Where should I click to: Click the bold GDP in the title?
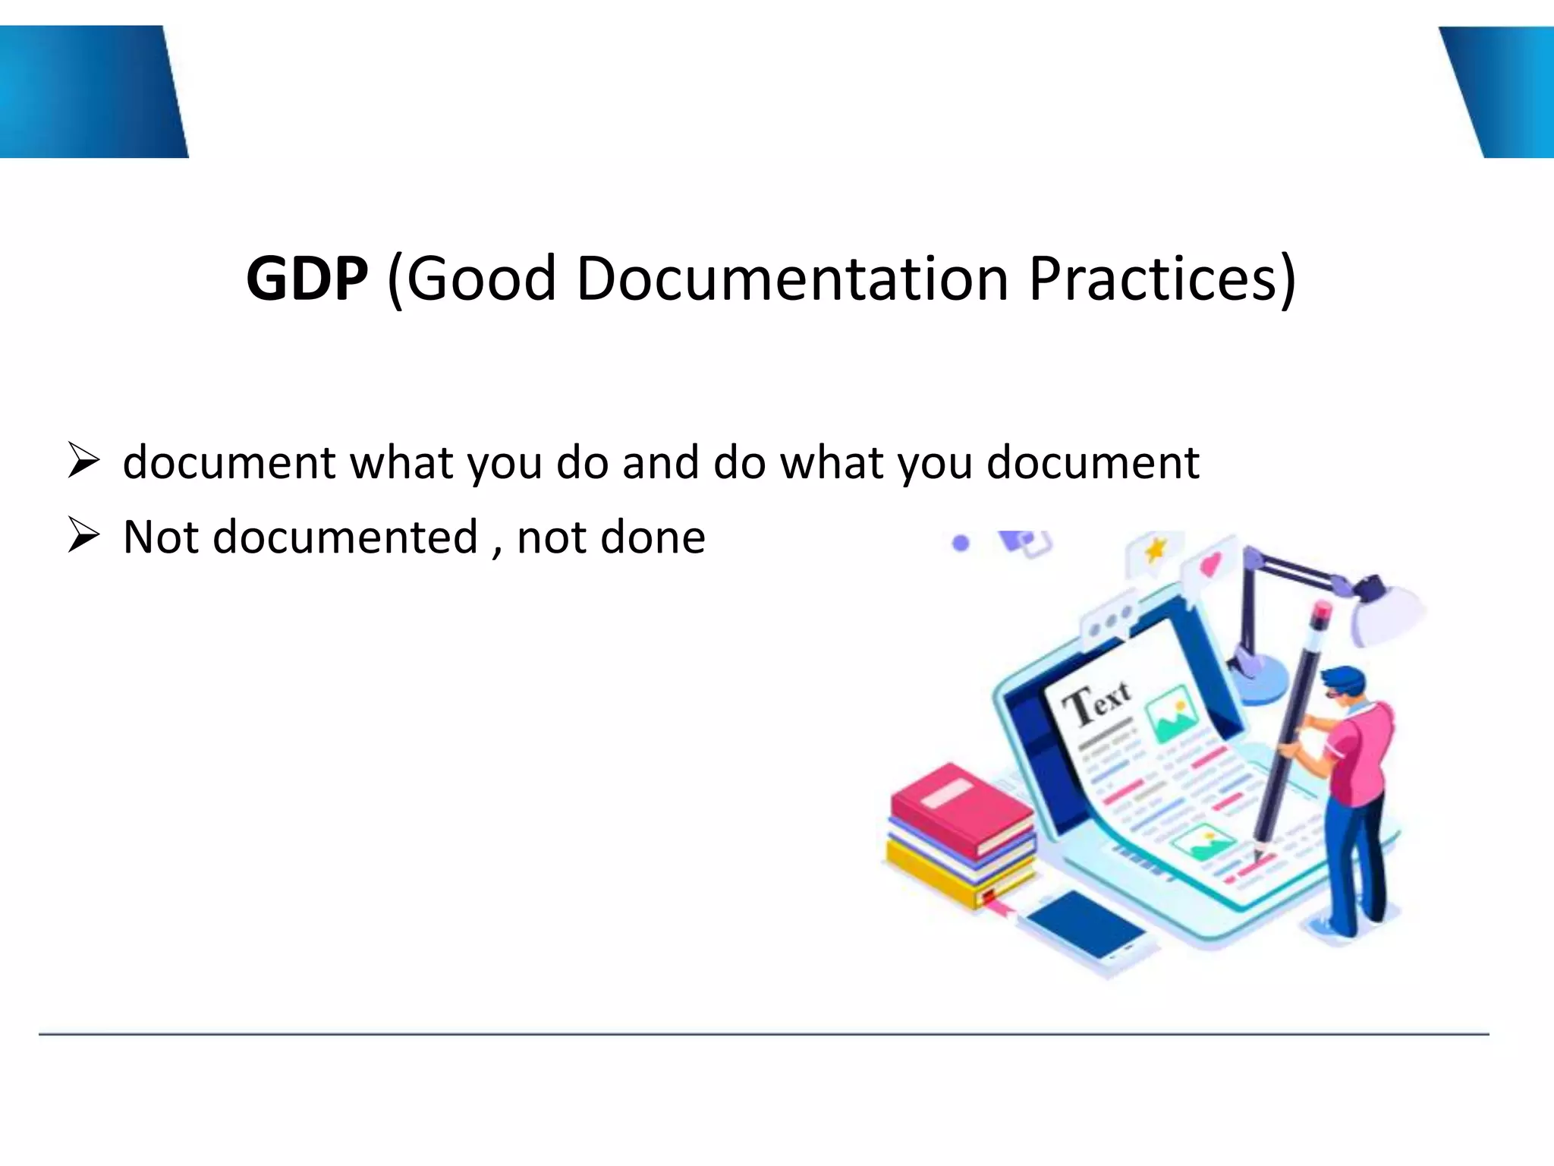click(307, 279)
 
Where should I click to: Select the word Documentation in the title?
click(792, 279)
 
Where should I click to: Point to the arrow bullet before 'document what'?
click(83, 461)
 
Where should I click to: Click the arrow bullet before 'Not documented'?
click(83, 535)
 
